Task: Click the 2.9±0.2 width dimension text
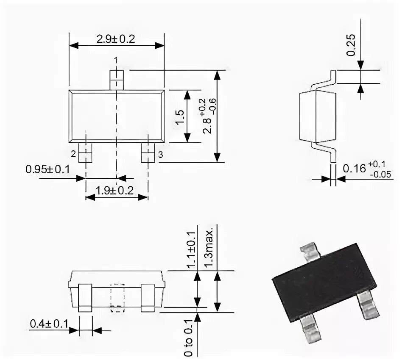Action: [x=115, y=39]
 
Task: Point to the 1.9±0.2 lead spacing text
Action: [x=114, y=191]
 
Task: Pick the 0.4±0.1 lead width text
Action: [x=49, y=324]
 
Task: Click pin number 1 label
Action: [x=116, y=60]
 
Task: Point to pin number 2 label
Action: [x=73, y=153]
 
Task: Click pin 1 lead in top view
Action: [x=116, y=79]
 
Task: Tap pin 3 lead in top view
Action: [x=148, y=152]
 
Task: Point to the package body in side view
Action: [x=317, y=116]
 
